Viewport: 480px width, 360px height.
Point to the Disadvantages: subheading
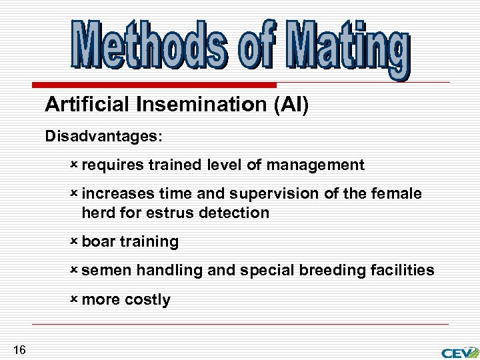point(103,136)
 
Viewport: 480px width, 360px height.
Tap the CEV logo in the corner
point(459,351)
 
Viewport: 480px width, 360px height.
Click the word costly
point(147,300)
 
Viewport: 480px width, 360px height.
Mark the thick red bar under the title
point(154,85)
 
